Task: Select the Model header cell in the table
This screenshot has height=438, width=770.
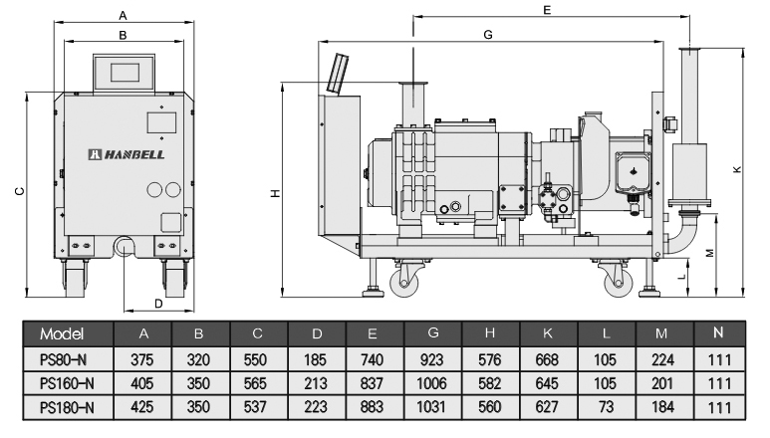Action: [63, 331]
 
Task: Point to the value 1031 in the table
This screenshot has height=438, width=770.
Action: [431, 407]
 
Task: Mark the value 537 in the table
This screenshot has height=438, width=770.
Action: [256, 407]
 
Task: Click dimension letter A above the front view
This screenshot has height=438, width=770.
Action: [123, 15]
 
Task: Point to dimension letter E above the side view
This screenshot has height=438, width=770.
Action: [548, 9]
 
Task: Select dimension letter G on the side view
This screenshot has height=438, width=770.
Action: [488, 34]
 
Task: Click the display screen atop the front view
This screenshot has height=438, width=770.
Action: [125, 71]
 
